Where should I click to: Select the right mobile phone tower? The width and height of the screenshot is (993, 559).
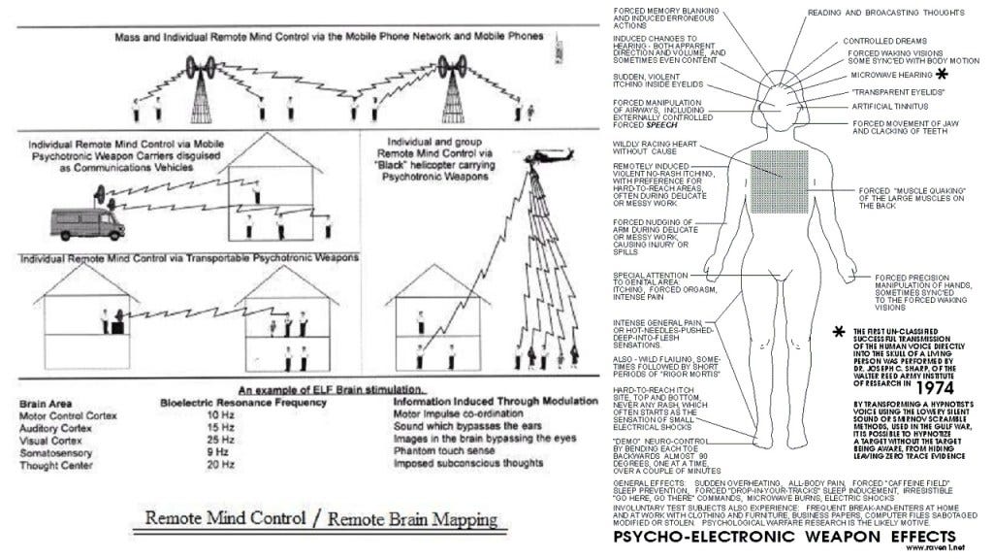[451, 79]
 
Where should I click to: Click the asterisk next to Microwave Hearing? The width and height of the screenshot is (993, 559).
[941, 75]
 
